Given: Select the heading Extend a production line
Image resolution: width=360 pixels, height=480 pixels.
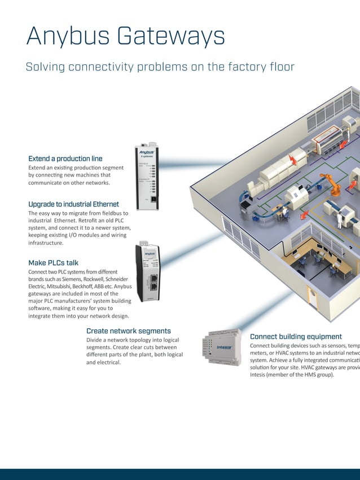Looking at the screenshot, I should tap(65, 158).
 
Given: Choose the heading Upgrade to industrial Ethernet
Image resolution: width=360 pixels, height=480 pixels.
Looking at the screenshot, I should tap(73, 204).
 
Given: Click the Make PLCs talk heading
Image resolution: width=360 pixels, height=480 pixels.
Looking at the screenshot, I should tap(53, 263).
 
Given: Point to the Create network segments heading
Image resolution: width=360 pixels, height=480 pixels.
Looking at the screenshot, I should tap(129, 331).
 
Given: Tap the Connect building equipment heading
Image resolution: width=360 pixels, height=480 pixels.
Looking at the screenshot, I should tap(296, 337).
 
